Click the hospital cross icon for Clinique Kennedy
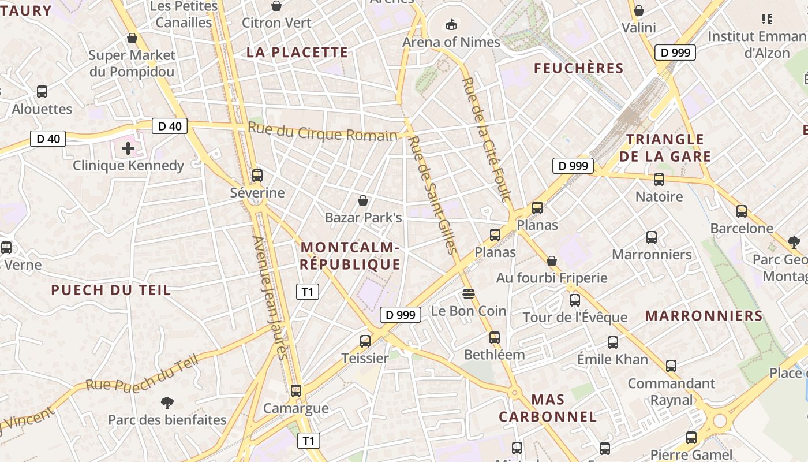tap(128, 149)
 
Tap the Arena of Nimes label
tap(451, 42)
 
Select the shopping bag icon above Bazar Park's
tap(363, 200)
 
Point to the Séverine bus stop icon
tap(257, 175)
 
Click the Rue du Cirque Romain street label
tap(323, 132)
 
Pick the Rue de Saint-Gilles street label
tap(432, 195)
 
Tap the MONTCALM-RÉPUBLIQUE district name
tap(350, 256)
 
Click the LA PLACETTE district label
tap(297, 52)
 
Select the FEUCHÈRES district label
tap(578, 68)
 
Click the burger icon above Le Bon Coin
tap(469, 293)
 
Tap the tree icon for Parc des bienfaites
tap(167, 403)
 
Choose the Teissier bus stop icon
tap(365, 341)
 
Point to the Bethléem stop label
tap(495, 355)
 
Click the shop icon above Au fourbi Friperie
tap(552, 261)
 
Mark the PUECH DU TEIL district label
tap(111, 290)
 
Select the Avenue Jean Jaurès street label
tap(270, 297)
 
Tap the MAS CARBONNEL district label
tap(548, 408)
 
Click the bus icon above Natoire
tap(659, 180)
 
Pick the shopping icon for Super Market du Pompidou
tap(132, 39)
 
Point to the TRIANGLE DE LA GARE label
tap(665, 148)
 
